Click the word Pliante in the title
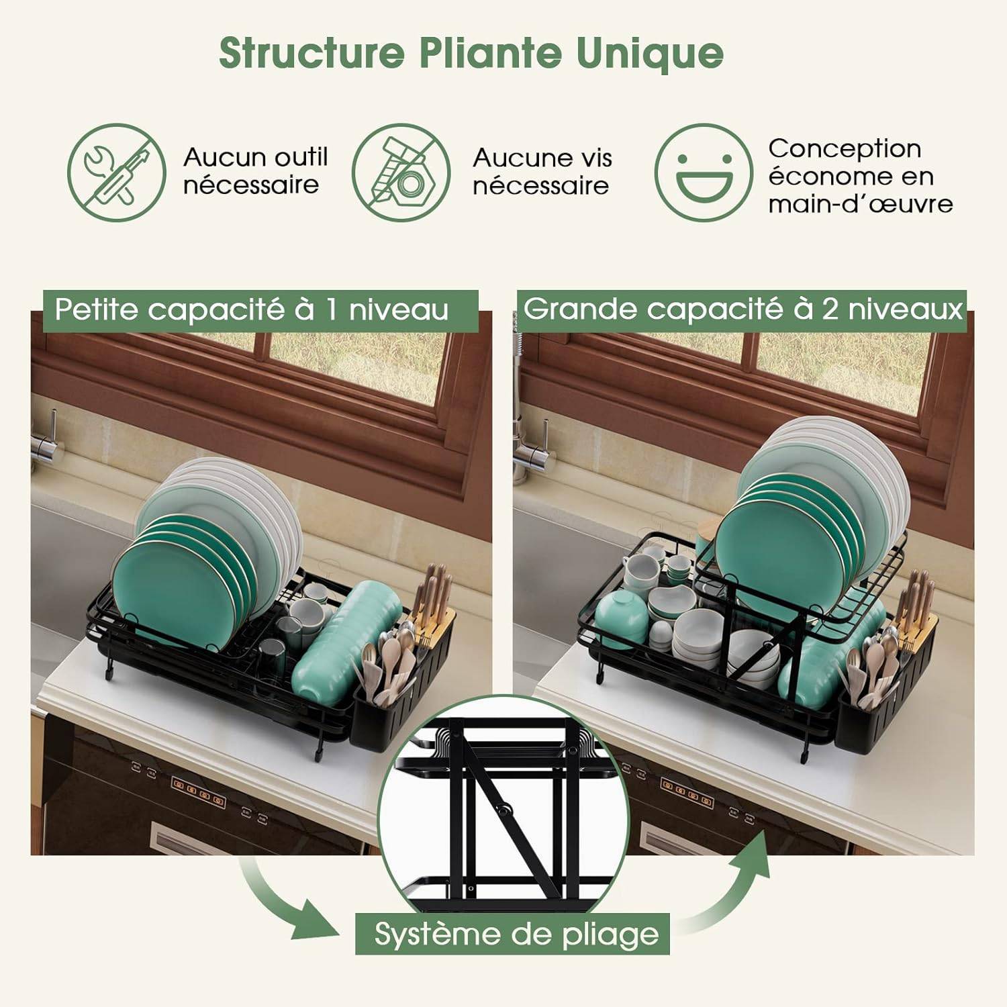[491, 53]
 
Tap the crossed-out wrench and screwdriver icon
[117, 173]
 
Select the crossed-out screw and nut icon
[401, 173]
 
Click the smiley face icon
[704, 173]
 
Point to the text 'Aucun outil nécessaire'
[256, 171]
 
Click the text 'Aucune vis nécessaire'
[542, 172]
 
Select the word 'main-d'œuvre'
[861, 204]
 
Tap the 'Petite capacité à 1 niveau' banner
[260, 311]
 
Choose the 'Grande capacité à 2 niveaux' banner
[742, 310]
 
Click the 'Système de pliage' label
[513, 934]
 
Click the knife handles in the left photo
[431, 591]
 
